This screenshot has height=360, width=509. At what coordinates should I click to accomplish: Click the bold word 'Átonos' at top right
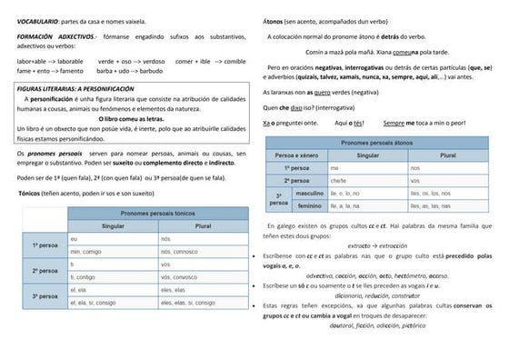pyautogui.click(x=272, y=20)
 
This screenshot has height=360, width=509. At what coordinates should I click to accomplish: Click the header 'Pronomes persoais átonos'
pyautogui.click(x=390, y=144)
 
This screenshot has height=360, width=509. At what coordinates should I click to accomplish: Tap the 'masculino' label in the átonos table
pyautogui.click(x=309, y=194)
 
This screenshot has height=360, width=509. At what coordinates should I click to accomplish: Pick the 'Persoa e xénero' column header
pyautogui.click(x=294, y=156)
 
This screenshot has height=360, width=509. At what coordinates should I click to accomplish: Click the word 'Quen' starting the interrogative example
pyautogui.click(x=269, y=106)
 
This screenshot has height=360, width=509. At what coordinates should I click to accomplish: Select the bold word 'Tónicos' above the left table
pyautogui.click(x=33, y=195)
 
